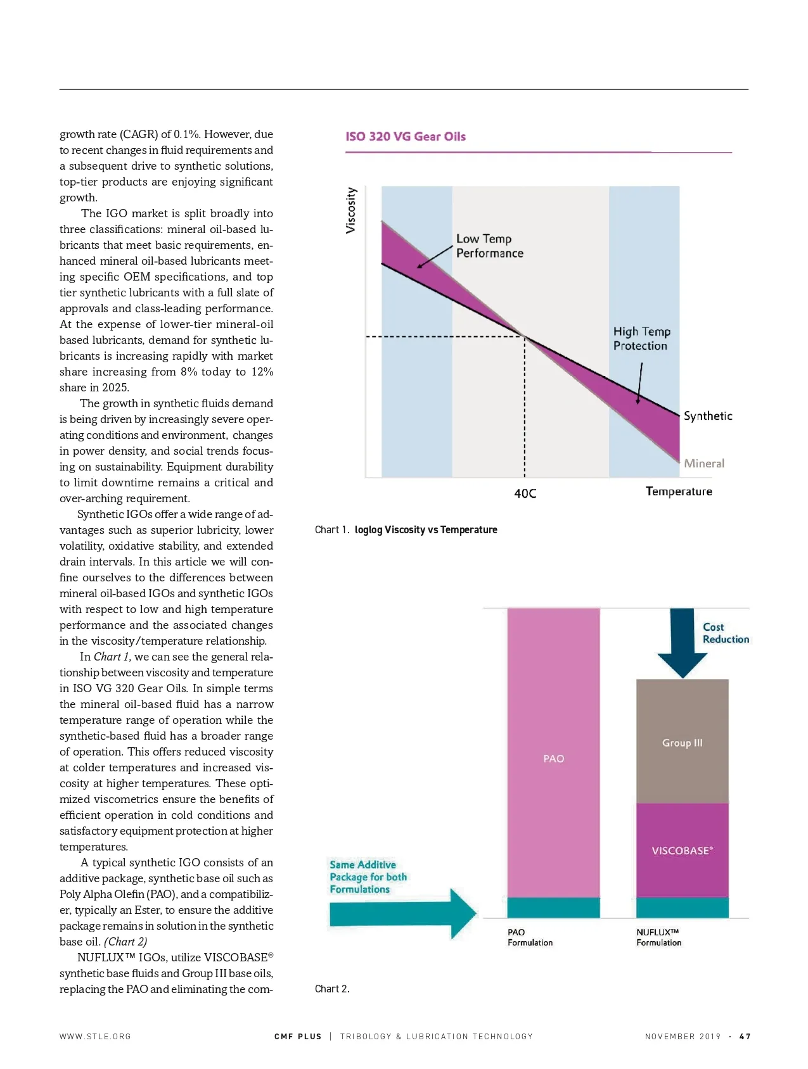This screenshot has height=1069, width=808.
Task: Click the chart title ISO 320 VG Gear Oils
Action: point(406,137)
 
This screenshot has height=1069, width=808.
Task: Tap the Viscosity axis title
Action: point(351,210)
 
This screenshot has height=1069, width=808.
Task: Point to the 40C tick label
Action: point(525,493)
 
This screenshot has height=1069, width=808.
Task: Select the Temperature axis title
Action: point(679,491)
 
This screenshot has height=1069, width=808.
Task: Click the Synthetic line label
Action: point(708,416)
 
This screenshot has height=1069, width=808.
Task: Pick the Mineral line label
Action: point(704,464)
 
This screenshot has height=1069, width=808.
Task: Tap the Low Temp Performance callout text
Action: point(490,246)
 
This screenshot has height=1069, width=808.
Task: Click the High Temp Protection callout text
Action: point(641,339)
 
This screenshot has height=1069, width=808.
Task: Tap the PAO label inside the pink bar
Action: point(553,759)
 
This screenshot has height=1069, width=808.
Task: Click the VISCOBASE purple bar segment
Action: point(683,851)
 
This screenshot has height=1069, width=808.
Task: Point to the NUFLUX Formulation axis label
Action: point(659,937)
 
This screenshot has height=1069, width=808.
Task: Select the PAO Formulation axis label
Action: point(530,937)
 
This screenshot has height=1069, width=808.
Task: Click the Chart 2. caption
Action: point(332,989)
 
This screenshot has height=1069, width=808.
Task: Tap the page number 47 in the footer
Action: point(745,1037)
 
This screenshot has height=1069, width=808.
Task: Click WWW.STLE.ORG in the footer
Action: point(95,1037)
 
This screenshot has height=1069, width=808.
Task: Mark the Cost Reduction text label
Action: point(726,633)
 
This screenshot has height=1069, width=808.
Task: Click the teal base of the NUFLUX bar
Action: point(683,908)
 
